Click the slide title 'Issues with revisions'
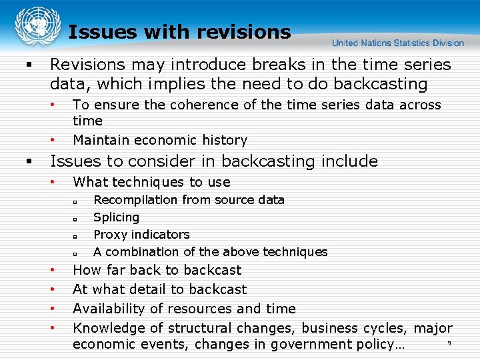[x=179, y=32]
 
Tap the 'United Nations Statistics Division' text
[x=398, y=43]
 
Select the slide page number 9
[x=449, y=343]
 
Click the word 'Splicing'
[x=116, y=217]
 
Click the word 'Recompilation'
[x=135, y=200]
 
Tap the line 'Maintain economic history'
[x=159, y=140]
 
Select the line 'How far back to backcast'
[x=157, y=270]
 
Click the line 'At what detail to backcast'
[x=159, y=289]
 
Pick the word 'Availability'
[x=108, y=309]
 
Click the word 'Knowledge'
[x=107, y=328]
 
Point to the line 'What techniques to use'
[x=151, y=182]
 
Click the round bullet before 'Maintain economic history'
[x=52, y=141]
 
